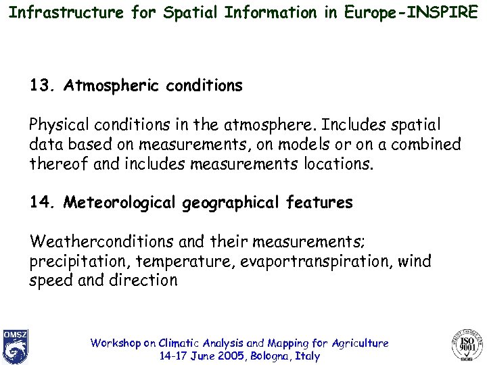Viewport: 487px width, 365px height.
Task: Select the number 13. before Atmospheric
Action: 43,86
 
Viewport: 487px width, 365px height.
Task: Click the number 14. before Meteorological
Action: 43,203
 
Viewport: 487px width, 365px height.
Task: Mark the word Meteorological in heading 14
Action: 120,203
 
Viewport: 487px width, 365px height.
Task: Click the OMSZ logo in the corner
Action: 15,345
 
